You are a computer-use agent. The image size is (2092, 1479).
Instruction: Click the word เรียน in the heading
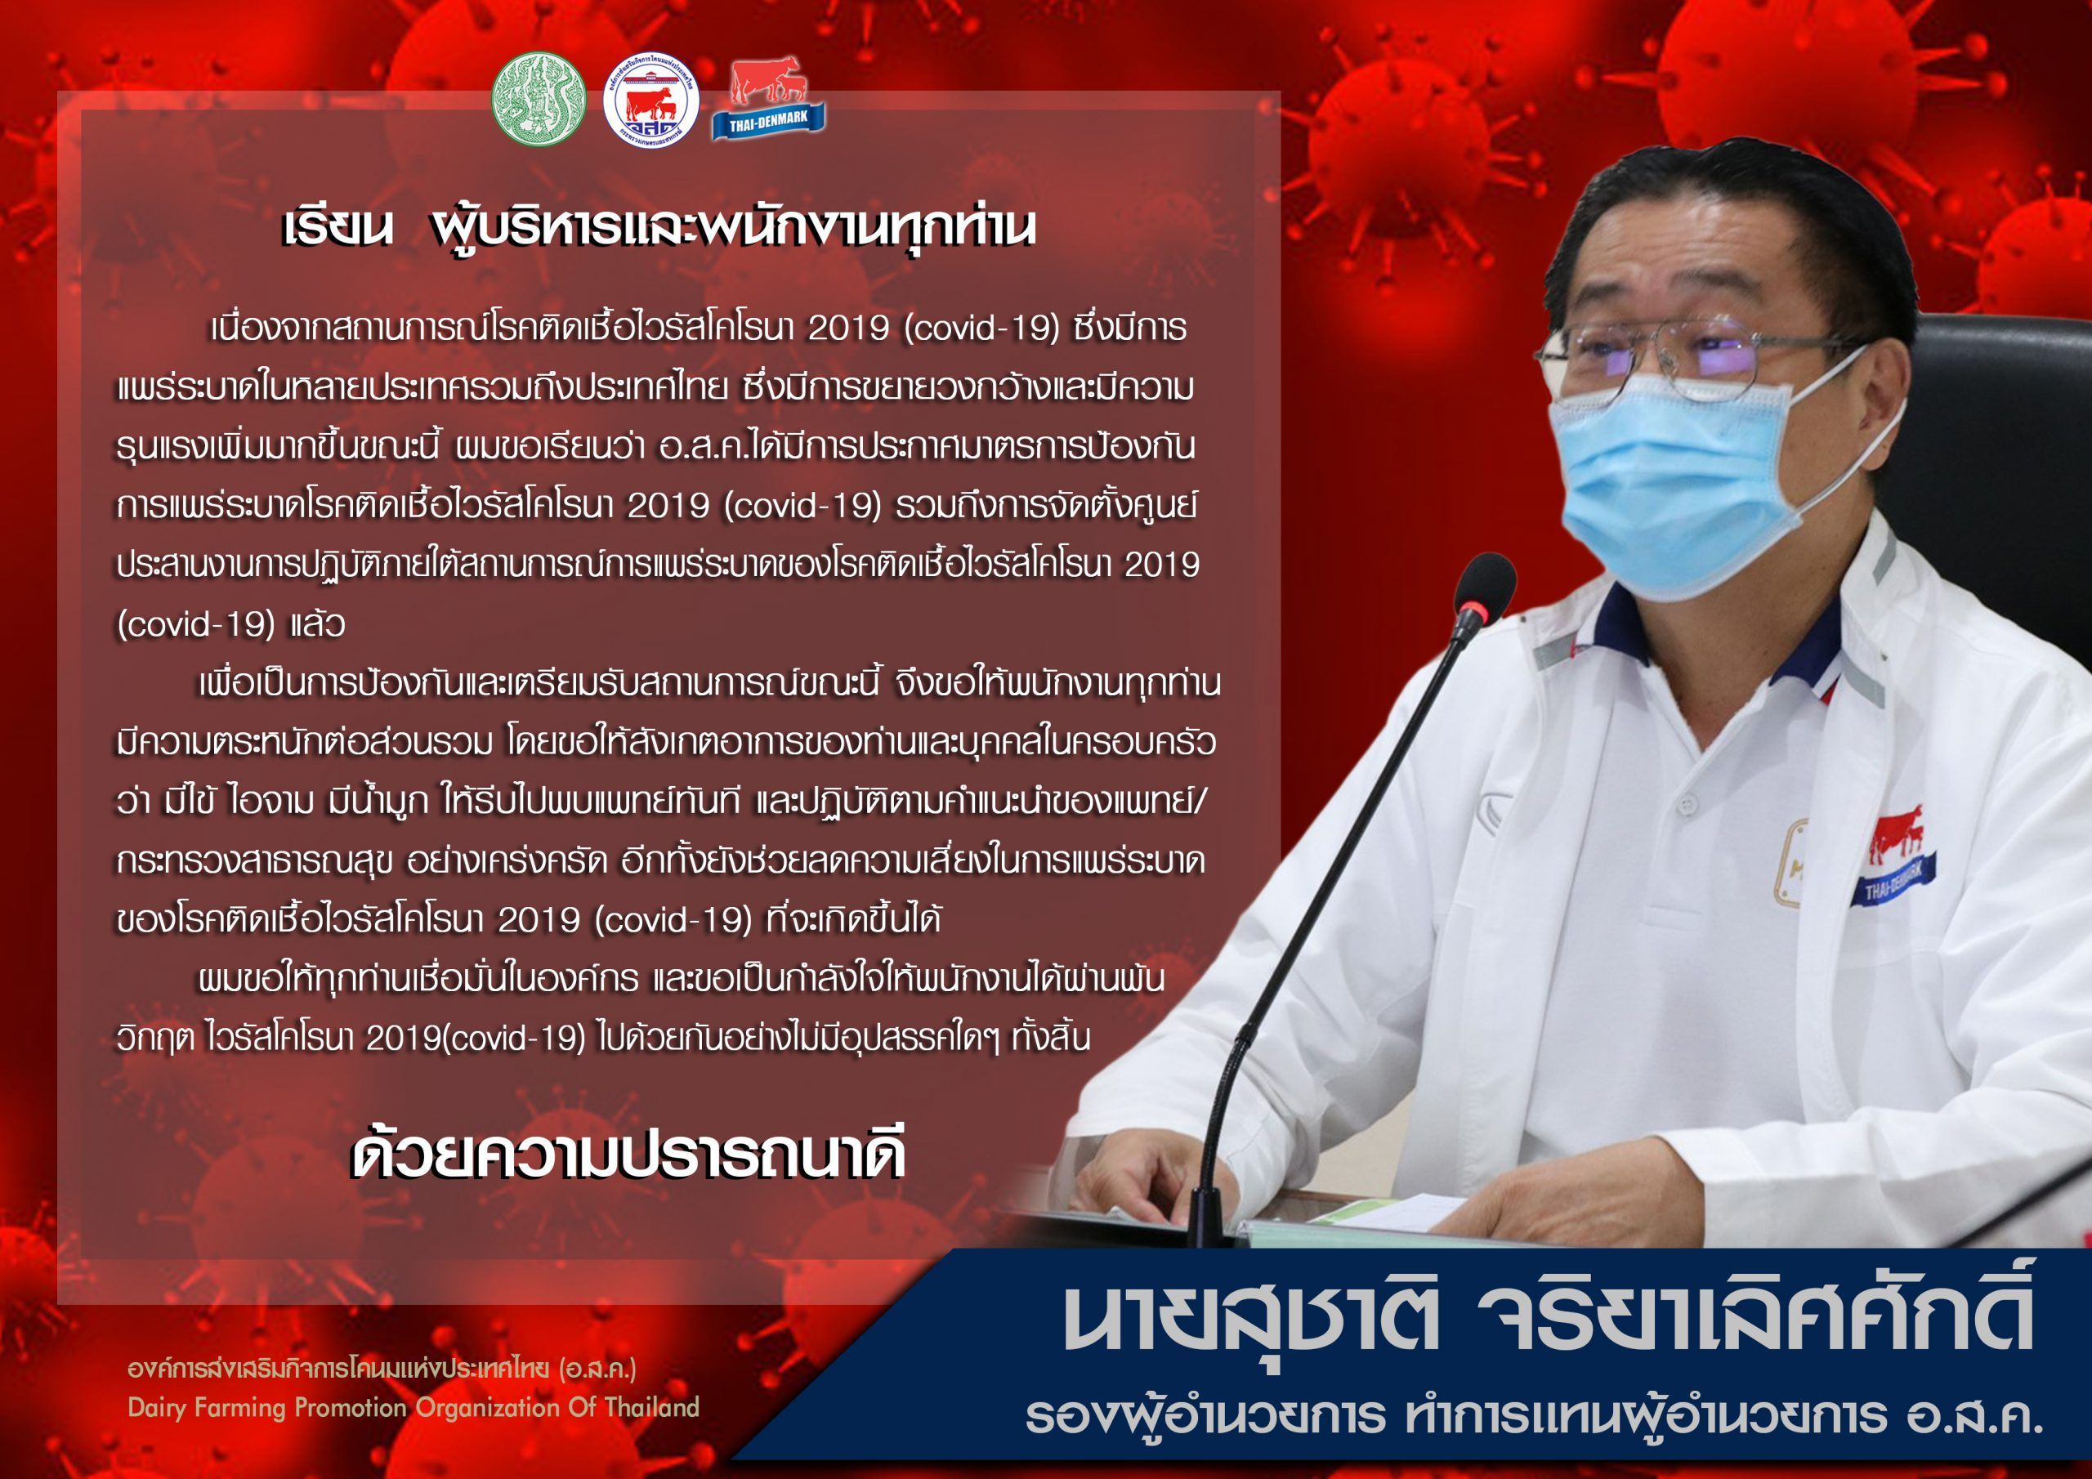[x=337, y=230]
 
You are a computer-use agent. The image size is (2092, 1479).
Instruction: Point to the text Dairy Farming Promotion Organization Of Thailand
[x=413, y=1407]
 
